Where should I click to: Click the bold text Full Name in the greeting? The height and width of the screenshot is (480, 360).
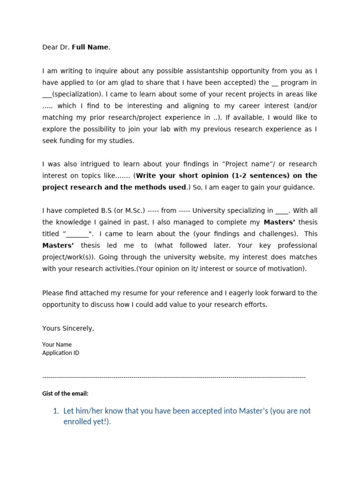click(x=90, y=47)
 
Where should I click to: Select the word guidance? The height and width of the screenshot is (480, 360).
click(x=298, y=187)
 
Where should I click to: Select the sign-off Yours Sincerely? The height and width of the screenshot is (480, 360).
click(x=68, y=329)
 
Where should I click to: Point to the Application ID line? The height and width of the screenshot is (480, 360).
click(x=60, y=353)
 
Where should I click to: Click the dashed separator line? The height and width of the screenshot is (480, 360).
click(x=173, y=377)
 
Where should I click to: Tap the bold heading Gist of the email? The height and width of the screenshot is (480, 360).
click(x=65, y=394)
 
